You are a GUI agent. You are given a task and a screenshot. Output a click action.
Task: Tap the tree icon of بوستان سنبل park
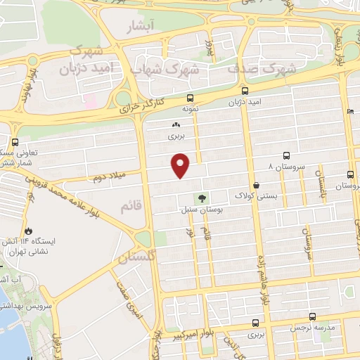[x=202, y=199]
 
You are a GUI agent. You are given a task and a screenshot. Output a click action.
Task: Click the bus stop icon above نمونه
[x=191, y=98]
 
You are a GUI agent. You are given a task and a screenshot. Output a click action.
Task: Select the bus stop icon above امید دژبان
[x=245, y=91]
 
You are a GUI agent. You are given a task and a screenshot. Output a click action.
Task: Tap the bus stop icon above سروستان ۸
[x=286, y=155]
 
